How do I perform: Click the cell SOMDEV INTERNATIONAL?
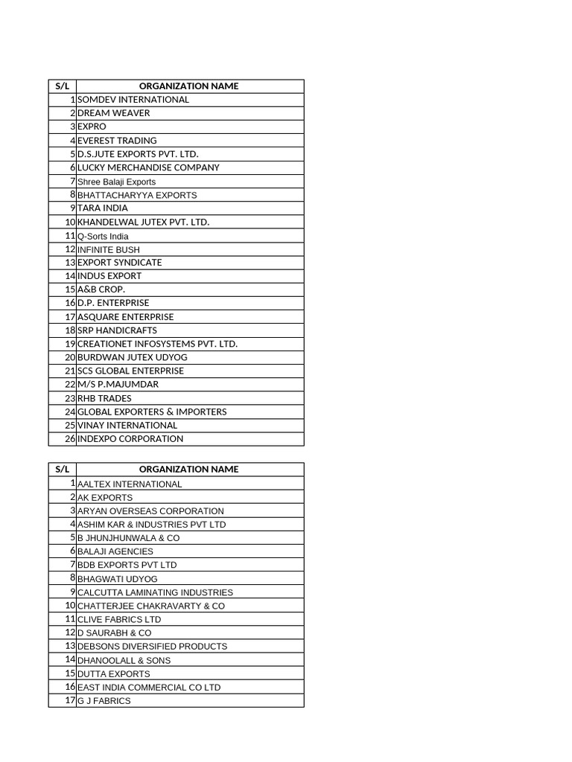(133, 100)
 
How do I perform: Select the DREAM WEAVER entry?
(113, 113)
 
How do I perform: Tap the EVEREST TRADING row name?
(117, 141)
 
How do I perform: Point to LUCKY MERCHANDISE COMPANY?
(148, 167)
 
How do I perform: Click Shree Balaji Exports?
(116, 182)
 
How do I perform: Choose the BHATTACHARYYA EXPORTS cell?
(137, 195)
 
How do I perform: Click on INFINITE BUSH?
(108, 250)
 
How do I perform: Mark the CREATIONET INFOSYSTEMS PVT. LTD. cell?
(157, 344)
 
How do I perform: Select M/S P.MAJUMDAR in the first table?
(118, 385)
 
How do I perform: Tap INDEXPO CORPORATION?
(130, 439)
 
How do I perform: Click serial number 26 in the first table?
(70, 439)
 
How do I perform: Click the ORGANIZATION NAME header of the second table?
(188, 470)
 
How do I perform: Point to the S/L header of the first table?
(62, 86)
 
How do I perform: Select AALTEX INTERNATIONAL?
(130, 484)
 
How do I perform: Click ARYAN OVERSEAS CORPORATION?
(150, 511)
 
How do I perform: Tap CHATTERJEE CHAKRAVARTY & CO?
(150, 606)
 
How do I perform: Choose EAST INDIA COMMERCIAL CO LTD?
(149, 688)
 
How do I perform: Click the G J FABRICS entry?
(104, 701)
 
